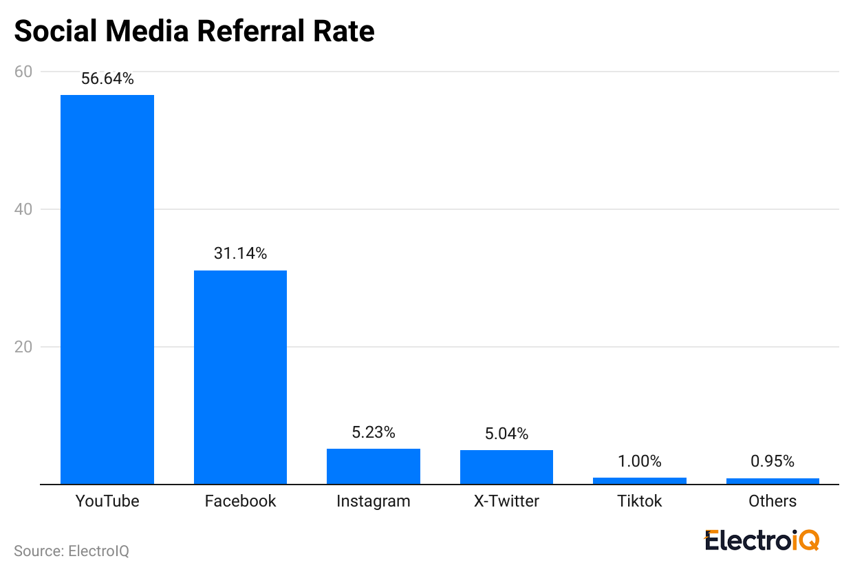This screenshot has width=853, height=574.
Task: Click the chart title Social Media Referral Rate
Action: (194, 32)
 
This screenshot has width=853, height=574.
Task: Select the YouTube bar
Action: (107, 289)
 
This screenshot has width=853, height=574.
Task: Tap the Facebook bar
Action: (240, 377)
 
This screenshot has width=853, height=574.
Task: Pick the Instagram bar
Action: (374, 467)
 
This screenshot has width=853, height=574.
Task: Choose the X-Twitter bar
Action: (506, 467)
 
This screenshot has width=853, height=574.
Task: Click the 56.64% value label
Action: (107, 79)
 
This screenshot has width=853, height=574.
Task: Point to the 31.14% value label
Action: (240, 254)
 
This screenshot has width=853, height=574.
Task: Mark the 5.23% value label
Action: (374, 433)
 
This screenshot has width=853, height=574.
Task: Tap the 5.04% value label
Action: (506, 434)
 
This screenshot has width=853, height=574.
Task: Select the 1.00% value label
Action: (639, 462)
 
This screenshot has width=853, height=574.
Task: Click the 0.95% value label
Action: (773, 462)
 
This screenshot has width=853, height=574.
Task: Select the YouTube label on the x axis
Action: (107, 501)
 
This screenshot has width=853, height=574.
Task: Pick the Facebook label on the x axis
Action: (240, 501)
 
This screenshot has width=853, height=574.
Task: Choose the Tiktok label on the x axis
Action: (639, 501)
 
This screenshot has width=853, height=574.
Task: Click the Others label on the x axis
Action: (773, 501)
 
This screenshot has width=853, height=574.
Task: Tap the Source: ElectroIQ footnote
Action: (72, 551)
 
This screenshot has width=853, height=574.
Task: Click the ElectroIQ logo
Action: (762, 540)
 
